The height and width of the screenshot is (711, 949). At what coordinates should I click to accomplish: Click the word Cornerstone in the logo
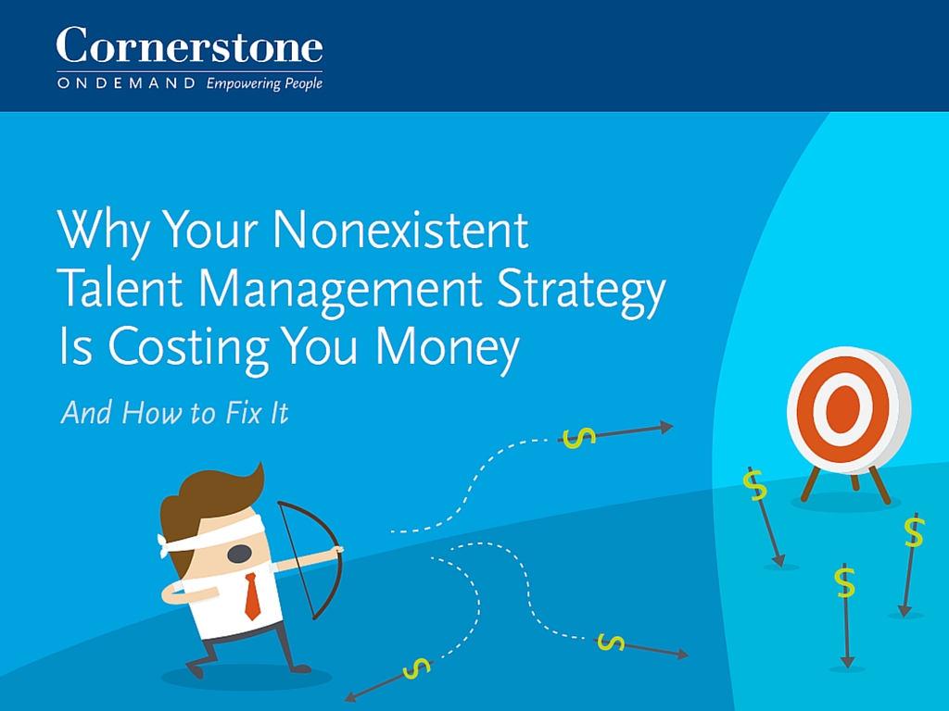tap(189, 46)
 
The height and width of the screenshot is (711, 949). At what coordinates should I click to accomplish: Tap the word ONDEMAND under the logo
tap(126, 82)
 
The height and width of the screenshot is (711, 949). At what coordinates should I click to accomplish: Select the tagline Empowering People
tap(264, 83)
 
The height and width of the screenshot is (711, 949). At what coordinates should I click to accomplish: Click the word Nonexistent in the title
tap(400, 231)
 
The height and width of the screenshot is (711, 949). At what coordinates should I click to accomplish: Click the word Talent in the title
tap(120, 288)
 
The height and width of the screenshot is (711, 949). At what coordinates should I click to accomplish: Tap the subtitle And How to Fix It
tap(175, 414)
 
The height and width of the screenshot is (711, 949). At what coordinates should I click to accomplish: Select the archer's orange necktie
tap(252, 596)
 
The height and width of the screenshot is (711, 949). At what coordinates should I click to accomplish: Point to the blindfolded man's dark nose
tap(239, 554)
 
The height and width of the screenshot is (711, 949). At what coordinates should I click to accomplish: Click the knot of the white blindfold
tap(163, 545)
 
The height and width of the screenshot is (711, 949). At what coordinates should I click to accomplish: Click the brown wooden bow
tap(320, 556)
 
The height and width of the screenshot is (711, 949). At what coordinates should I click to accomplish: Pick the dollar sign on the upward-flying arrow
tap(578, 437)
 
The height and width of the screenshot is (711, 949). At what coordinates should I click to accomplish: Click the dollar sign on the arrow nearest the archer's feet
tap(416, 667)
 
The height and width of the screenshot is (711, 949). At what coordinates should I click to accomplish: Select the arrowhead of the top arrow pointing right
tap(666, 427)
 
